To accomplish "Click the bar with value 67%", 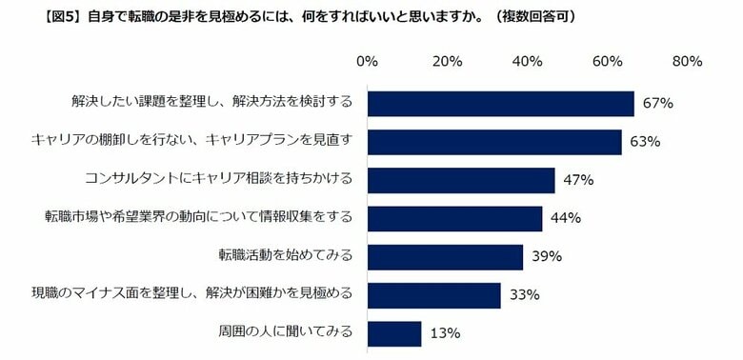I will [x=500, y=104].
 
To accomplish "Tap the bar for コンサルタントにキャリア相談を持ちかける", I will [x=461, y=180].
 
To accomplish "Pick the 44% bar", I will [x=454, y=218].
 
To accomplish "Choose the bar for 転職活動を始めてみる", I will [x=445, y=257].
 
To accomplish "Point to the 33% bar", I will [x=433, y=295].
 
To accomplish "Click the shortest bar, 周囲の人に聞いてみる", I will [x=393, y=333].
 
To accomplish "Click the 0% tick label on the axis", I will [x=367, y=62].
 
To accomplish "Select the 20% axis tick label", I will [x=447, y=62].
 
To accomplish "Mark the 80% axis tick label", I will [x=687, y=62].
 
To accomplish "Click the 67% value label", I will [x=659, y=104].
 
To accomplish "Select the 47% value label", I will [x=579, y=180].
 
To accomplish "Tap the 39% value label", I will [x=547, y=257].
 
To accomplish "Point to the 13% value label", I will [x=445, y=333].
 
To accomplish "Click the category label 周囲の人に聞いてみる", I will [x=286, y=332].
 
